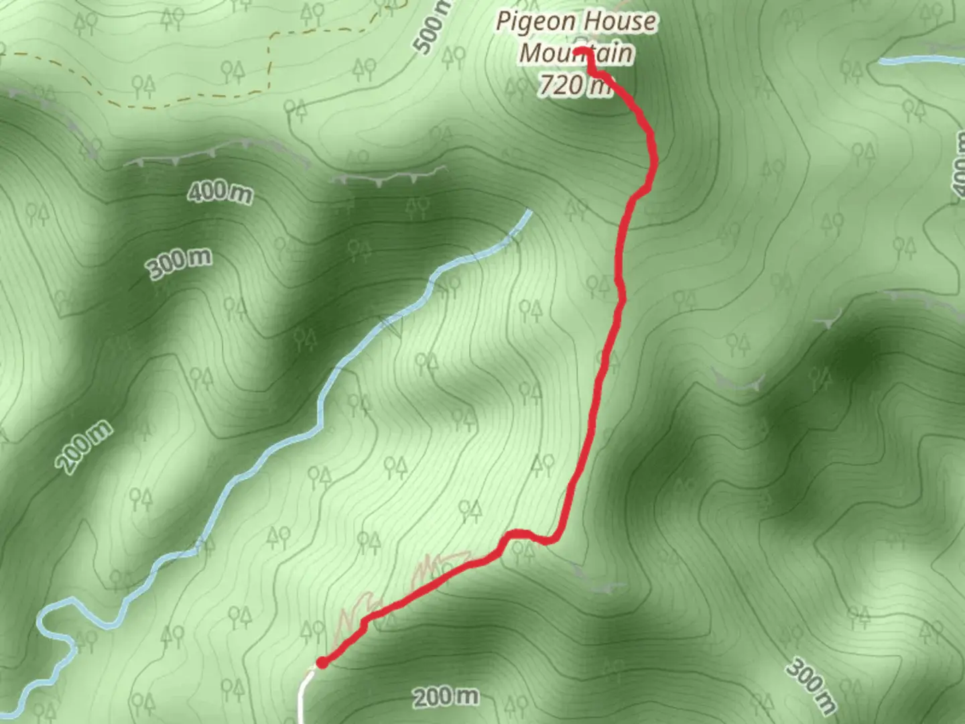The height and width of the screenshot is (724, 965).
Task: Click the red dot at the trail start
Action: tap(322, 662)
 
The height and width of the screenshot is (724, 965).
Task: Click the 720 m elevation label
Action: tap(575, 85)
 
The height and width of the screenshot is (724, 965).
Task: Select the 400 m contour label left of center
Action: tap(220, 192)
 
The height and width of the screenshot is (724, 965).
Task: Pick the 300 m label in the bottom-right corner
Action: tap(812, 685)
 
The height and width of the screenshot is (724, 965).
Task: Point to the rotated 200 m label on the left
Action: tap(84, 448)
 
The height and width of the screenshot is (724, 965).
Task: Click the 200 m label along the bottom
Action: tap(445, 697)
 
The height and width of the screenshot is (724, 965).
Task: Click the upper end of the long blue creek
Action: tap(528, 214)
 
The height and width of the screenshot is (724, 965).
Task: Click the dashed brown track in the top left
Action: tap(271, 60)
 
